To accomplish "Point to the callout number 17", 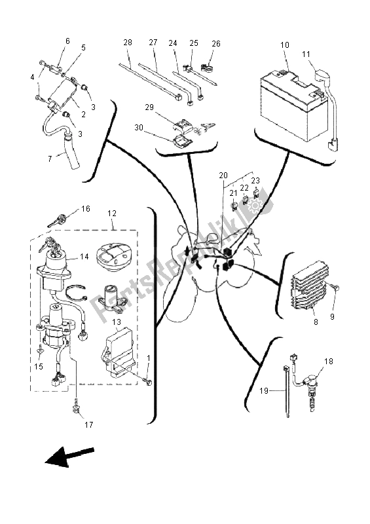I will [89, 425].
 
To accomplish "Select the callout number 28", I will [128, 42].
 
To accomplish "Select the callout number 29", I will [149, 106].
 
